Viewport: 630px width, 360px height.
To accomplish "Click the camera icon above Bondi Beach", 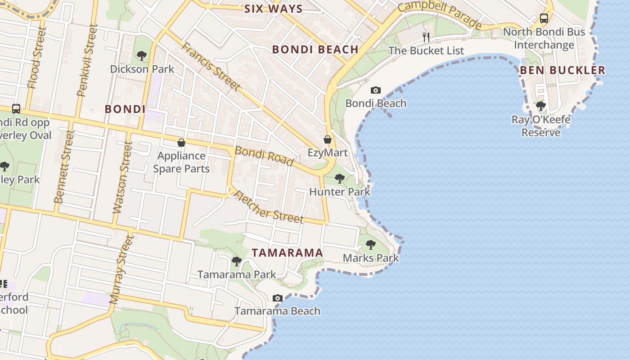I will [375, 90].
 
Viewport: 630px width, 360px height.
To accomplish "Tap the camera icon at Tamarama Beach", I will [278, 298].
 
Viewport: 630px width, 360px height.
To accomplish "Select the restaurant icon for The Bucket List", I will [426, 37].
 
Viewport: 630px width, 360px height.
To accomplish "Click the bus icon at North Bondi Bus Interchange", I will [544, 18].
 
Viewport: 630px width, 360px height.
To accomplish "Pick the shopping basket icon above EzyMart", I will [328, 139].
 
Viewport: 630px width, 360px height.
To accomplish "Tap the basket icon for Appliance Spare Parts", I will [181, 143].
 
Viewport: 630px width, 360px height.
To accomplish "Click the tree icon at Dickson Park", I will [142, 56].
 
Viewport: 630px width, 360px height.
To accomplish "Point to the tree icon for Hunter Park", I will [340, 178].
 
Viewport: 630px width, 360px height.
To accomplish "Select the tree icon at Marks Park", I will [371, 245].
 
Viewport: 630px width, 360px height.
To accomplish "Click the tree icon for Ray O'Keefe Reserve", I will [541, 106].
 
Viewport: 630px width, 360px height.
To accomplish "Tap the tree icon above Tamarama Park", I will [236, 261].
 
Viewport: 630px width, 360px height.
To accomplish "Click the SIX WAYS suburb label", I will [273, 9].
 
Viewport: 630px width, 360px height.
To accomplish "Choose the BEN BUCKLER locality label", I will [562, 70].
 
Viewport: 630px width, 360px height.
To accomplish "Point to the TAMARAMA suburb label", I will [287, 252].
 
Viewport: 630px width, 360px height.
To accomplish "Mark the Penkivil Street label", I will [86, 61].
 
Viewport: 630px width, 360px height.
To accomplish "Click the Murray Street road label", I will [121, 270].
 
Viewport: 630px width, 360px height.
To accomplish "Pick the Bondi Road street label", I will [264, 156].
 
